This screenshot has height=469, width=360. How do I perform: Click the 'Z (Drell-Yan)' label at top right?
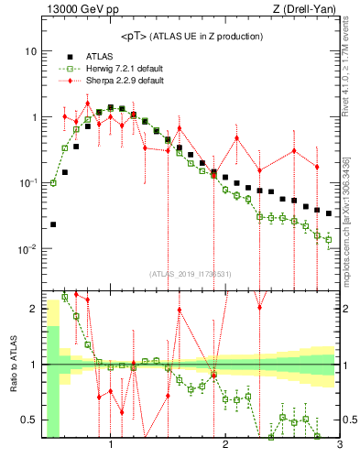[x=308, y=10]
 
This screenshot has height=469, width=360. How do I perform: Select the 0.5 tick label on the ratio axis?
[x=29, y=420]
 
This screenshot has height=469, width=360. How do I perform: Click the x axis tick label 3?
[x=339, y=445]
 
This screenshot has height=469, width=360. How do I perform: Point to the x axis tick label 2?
[x=225, y=445]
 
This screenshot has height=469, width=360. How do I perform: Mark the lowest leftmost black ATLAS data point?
[x=53, y=224]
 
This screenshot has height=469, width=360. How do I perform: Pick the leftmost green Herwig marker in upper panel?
[x=53, y=182]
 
